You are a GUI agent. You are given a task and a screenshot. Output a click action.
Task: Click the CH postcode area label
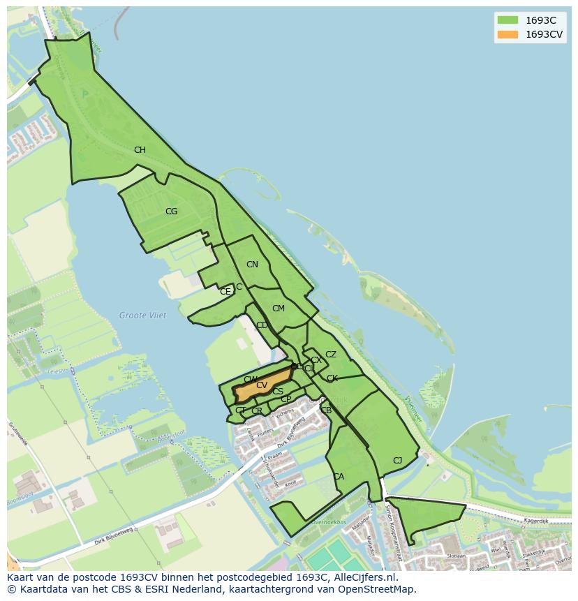pyautogui.click(x=140, y=150)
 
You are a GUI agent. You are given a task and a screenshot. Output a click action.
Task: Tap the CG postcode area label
pyautogui.click(x=171, y=212)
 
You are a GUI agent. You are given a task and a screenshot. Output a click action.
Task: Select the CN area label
pyautogui.click(x=252, y=265)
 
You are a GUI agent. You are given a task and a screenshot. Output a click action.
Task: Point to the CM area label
pyautogui.click(x=279, y=309)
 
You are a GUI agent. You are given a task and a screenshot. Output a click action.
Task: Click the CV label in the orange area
pyautogui.click(x=262, y=385)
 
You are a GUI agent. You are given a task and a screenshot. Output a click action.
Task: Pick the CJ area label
pyautogui.click(x=397, y=460)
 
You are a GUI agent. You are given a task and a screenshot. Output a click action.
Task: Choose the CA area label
pyautogui.click(x=339, y=477)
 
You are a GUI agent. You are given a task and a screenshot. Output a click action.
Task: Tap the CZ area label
pyautogui.click(x=331, y=355)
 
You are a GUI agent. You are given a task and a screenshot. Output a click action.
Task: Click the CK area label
pyautogui.click(x=332, y=378)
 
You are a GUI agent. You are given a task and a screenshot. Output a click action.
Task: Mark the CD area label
pyautogui.click(x=262, y=325)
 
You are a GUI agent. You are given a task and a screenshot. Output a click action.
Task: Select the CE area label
pyautogui.click(x=225, y=292)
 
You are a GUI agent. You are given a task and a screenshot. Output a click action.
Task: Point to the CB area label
pyautogui.click(x=326, y=410)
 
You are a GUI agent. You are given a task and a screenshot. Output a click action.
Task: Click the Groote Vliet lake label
pyautogui.click(x=142, y=316)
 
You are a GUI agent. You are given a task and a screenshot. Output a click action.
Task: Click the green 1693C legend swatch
pyautogui.click(x=507, y=20)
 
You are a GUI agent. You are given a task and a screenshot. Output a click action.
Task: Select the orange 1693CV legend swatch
pyautogui.click(x=507, y=34)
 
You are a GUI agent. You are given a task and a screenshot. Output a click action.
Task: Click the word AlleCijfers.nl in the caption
pyautogui.click(x=362, y=577)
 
